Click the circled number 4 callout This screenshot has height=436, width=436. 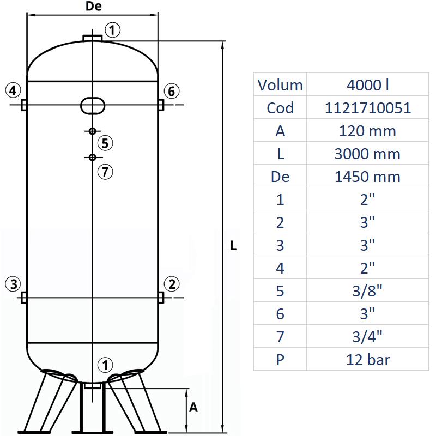(14, 89)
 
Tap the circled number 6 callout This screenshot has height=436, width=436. (171, 91)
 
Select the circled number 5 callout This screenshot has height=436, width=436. (106, 143)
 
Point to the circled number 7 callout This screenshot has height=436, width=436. (106, 172)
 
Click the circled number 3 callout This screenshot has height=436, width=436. (14, 283)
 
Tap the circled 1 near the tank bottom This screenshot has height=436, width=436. (105, 365)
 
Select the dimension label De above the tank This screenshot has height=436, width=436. (94, 7)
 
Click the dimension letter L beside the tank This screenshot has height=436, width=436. (233, 246)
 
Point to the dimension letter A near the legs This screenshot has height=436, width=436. (193, 408)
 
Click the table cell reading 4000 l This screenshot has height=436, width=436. (368, 85)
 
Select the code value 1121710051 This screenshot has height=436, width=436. (368, 108)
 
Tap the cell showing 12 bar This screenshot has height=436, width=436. (368, 360)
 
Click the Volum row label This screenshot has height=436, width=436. (280, 85)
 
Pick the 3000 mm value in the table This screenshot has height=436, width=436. (368, 154)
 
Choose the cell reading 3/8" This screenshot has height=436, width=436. (368, 291)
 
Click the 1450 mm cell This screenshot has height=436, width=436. (368, 177)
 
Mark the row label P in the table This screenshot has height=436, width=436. (280, 360)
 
